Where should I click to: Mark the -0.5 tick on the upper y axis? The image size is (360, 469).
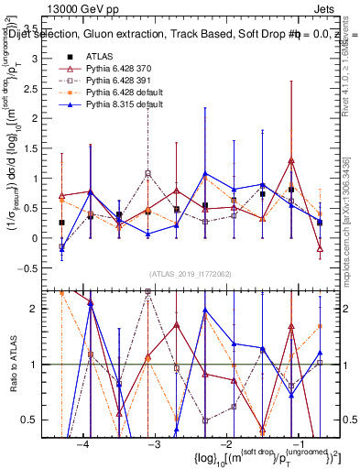[41, 268]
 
